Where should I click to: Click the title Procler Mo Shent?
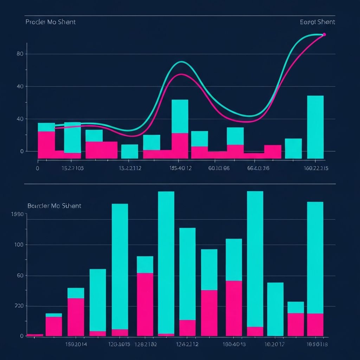click(x=50, y=22)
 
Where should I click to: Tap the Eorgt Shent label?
click(x=317, y=22)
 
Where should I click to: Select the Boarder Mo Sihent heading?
click(x=54, y=206)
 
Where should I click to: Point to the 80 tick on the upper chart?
click(x=20, y=54)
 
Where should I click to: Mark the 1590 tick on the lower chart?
click(x=17, y=214)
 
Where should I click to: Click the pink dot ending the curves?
click(x=324, y=34)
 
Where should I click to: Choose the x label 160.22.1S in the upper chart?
click(x=316, y=168)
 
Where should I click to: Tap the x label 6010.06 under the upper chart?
click(x=219, y=168)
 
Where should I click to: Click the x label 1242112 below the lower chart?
click(x=187, y=344)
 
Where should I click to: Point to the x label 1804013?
click(x=234, y=344)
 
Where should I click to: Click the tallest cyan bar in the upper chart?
click(x=315, y=127)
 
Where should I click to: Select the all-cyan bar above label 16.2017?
click(x=275, y=309)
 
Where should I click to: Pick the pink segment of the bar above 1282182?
click(x=145, y=304)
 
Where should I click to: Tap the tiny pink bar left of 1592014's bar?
click(x=35, y=335)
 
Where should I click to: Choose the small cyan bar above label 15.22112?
click(x=130, y=151)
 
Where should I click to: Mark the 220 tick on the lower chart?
click(x=19, y=306)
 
